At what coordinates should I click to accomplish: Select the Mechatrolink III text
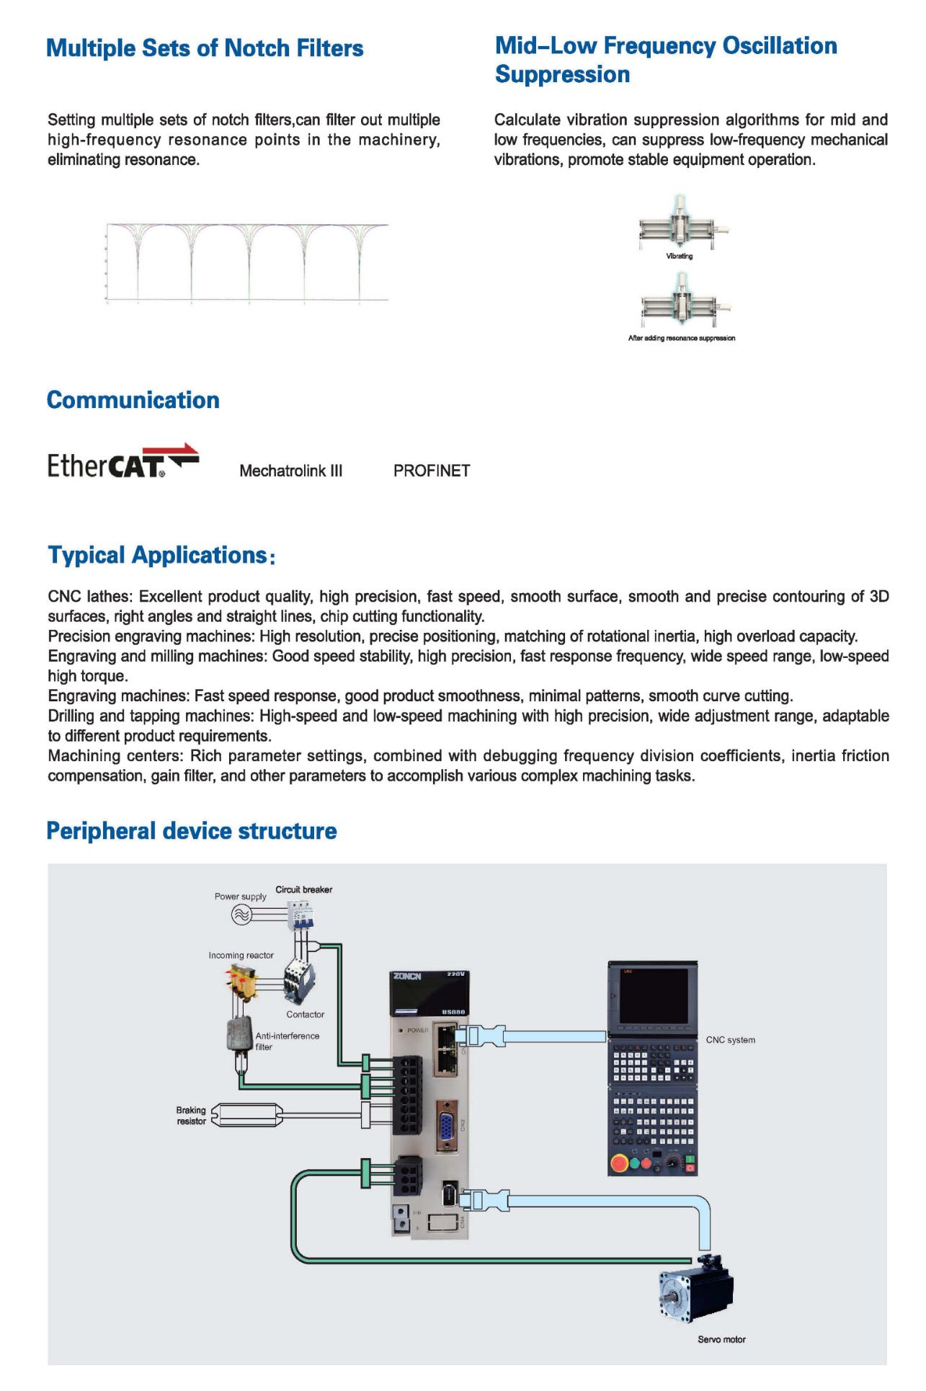point(290,471)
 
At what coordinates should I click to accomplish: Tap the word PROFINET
point(431,471)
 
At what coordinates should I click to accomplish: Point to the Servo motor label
point(721,1339)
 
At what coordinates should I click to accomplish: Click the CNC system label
point(730,1040)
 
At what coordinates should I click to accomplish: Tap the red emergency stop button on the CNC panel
point(618,1162)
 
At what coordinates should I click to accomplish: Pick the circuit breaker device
point(300,915)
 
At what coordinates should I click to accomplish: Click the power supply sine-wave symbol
point(241,915)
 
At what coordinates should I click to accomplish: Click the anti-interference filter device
point(239,1035)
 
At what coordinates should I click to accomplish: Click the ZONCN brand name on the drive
point(407,976)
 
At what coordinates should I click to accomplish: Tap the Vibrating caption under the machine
point(679,256)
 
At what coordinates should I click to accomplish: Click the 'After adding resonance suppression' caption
point(681,338)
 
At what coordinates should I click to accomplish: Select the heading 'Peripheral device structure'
point(192,831)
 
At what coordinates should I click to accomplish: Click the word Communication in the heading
point(133,400)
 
